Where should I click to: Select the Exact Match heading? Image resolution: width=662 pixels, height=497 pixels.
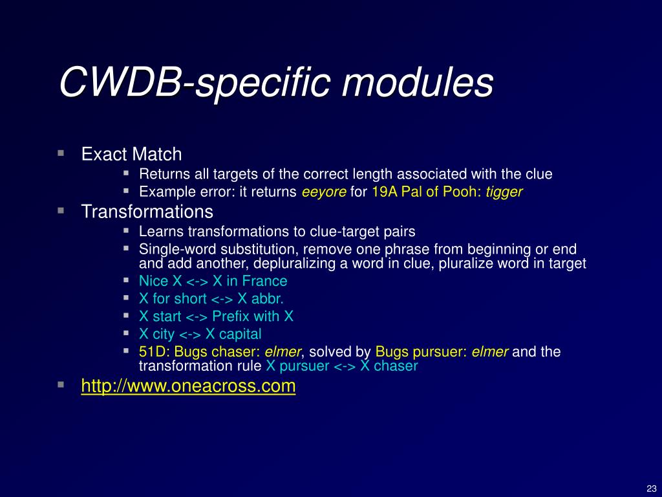131,154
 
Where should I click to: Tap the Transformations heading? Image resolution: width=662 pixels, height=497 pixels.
147,212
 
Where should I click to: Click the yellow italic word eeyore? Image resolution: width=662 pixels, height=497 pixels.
324,192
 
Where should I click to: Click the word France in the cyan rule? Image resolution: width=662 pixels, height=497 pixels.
266,281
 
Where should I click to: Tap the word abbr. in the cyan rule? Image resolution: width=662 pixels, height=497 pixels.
270,299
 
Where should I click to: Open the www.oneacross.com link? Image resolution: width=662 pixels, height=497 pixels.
188,386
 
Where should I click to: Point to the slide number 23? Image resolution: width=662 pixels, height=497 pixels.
650,488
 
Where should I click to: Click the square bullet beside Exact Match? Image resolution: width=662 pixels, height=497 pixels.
60,153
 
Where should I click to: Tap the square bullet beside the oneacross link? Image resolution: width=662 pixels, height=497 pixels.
60,384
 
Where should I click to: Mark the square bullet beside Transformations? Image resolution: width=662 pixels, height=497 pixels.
60,210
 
